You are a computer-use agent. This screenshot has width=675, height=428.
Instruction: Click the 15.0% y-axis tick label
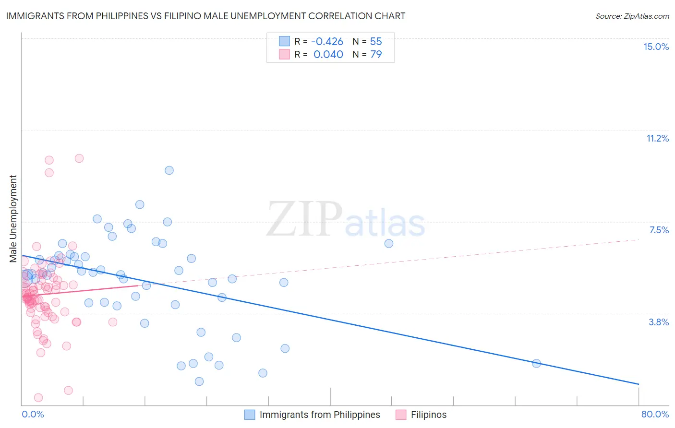point(656,47)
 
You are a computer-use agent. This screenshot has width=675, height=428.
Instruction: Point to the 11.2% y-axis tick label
point(657,138)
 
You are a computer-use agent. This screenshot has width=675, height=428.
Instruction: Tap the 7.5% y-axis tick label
point(659,230)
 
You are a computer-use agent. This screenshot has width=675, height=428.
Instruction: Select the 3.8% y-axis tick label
point(659,322)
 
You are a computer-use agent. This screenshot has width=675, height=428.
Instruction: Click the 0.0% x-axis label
point(33,414)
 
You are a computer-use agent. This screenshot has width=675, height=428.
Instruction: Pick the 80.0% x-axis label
point(655,414)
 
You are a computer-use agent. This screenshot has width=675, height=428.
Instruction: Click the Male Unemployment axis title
point(13,219)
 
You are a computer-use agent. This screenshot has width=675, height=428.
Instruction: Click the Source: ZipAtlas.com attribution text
point(632,16)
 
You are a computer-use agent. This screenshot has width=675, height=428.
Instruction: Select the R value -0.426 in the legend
point(327,41)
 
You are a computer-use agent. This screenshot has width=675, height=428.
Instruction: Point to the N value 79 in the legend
point(376,54)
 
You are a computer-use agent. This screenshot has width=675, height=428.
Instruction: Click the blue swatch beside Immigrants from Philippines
point(250,415)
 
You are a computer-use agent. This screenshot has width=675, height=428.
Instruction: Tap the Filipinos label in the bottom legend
point(428,415)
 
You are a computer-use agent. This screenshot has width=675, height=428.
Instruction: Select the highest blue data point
point(169,170)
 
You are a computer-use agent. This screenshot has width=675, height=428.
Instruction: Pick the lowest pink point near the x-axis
point(38,397)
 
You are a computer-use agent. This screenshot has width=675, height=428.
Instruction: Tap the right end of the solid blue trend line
point(639,384)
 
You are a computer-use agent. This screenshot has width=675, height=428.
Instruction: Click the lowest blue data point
point(199,381)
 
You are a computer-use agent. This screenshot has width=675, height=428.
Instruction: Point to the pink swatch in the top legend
point(284,54)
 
